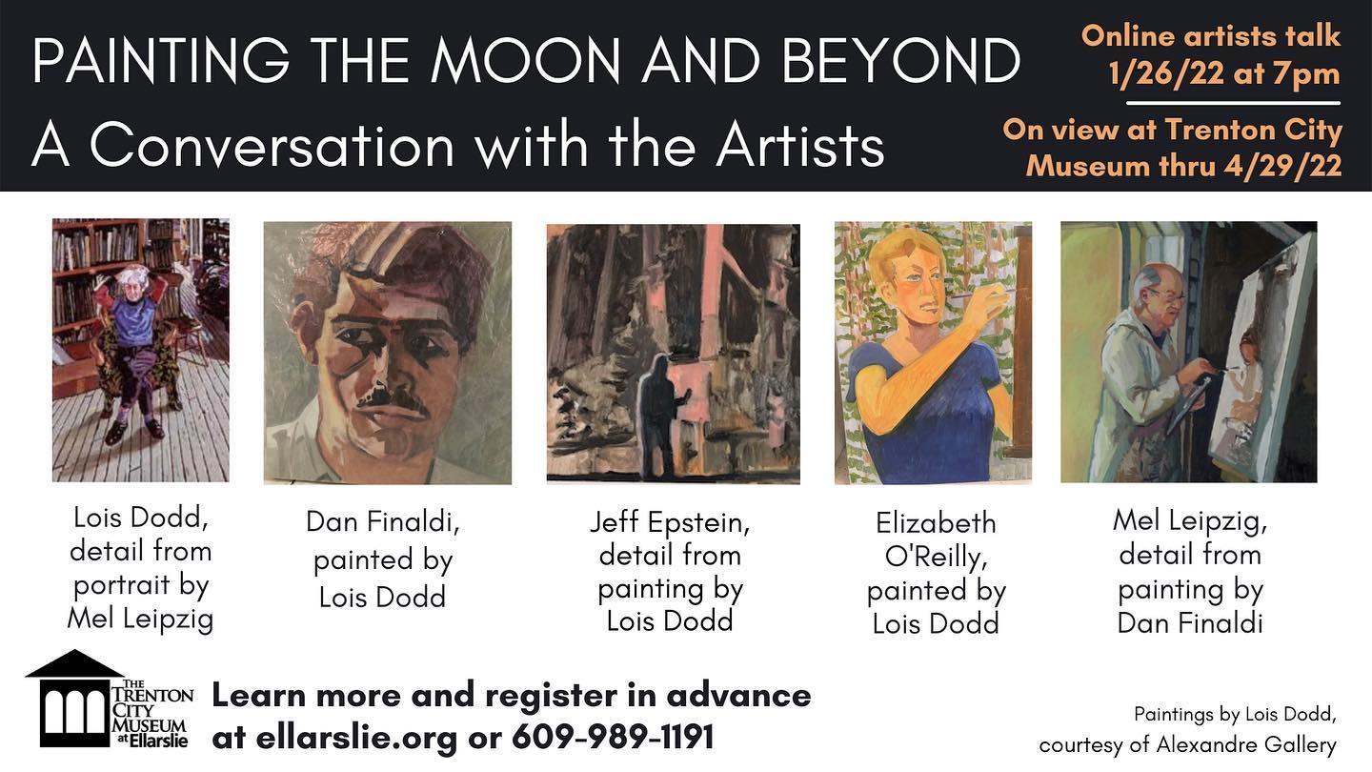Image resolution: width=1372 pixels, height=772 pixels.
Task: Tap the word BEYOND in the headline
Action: (x=900, y=61)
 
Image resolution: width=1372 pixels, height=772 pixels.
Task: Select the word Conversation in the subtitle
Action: (x=272, y=145)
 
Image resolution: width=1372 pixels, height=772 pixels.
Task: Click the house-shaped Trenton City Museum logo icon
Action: (x=74, y=699)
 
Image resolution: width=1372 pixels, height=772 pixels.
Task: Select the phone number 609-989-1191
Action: (x=614, y=736)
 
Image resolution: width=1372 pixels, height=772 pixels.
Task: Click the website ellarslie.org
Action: (x=356, y=737)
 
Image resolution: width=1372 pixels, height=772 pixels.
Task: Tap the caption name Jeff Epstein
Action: (x=670, y=522)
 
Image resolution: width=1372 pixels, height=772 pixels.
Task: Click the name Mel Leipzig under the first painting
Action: (x=140, y=619)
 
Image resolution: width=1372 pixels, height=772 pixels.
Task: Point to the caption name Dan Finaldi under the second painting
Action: (x=383, y=522)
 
